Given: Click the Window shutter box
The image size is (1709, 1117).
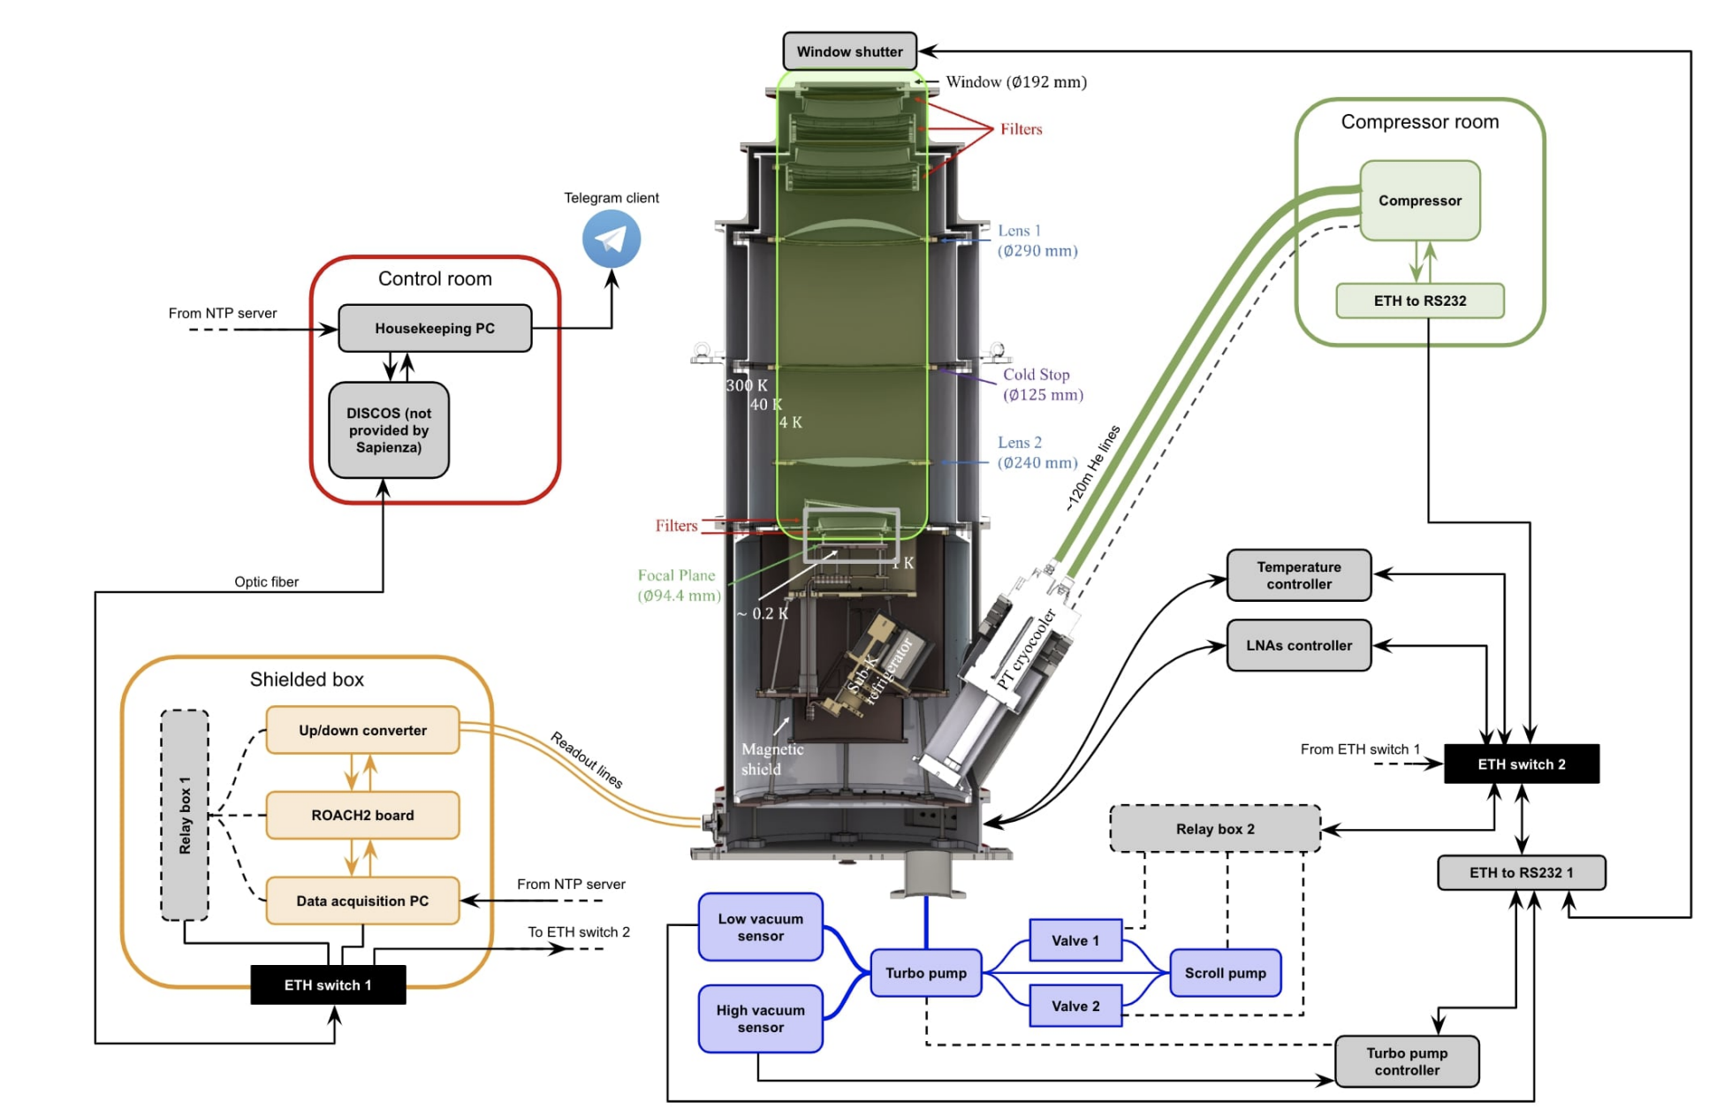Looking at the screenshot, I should [x=848, y=51].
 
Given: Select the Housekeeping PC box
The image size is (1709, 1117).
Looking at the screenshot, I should [x=434, y=329].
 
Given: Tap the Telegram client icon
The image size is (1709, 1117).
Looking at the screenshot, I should [x=611, y=239].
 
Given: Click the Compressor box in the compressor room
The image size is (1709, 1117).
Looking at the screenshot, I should [x=1419, y=201].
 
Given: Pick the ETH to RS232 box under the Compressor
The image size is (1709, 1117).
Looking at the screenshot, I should [x=1419, y=300].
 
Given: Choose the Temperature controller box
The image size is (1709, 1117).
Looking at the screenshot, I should [x=1298, y=575].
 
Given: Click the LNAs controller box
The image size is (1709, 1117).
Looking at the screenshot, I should [x=1298, y=645].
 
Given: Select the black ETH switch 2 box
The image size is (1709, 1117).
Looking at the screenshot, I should [x=1521, y=764].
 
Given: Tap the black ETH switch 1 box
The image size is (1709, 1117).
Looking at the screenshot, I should [x=327, y=984].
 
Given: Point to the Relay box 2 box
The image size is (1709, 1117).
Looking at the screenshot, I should [x=1214, y=829].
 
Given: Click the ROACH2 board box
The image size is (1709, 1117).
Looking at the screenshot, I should [x=362, y=815].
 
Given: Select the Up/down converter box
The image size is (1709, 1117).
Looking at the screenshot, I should [x=362, y=730].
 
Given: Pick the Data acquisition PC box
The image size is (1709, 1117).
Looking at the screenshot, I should [x=362, y=900].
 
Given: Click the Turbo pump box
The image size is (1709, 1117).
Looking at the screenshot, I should [x=925, y=973].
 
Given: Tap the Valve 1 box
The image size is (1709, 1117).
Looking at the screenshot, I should [x=1075, y=940].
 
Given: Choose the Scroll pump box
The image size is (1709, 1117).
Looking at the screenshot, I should [x=1225, y=973].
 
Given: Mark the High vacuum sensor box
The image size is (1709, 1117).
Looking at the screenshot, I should [x=760, y=1018].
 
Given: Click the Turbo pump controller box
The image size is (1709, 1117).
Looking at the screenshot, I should [x=1406, y=1061].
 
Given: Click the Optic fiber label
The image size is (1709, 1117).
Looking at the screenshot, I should [x=266, y=581].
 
